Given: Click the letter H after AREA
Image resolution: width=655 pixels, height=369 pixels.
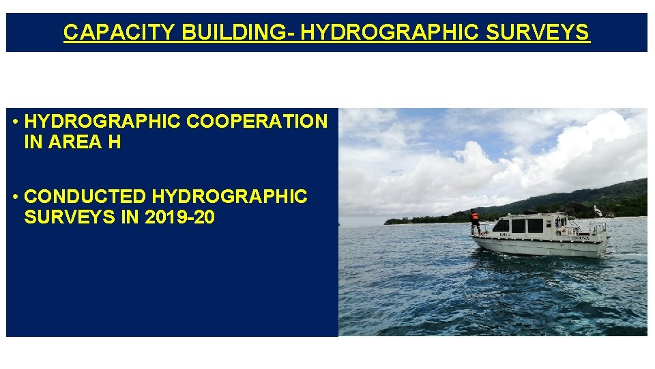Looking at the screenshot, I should [114, 143].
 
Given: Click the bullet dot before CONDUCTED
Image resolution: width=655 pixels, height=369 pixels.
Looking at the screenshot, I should [15, 197].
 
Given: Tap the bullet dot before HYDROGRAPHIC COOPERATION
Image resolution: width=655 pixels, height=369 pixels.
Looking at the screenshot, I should [15, 122].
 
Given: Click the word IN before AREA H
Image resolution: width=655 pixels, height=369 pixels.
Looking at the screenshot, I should [32, 143].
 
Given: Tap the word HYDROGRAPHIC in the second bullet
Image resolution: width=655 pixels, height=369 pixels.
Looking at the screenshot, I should [229, 197].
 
